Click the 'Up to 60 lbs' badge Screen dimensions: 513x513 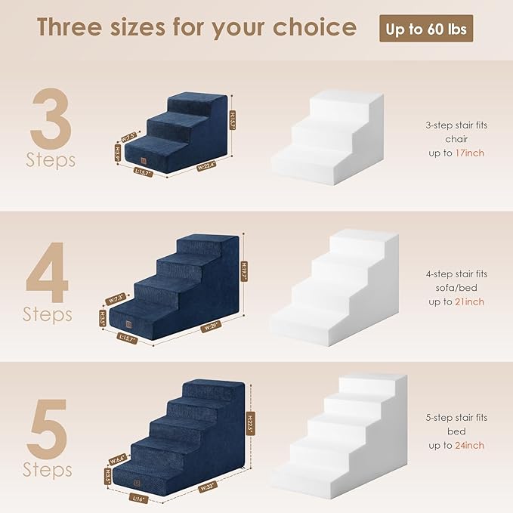coord(425,28)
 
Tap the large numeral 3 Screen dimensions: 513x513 coord(51,120)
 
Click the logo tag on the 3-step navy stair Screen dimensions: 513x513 coord(141,159)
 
